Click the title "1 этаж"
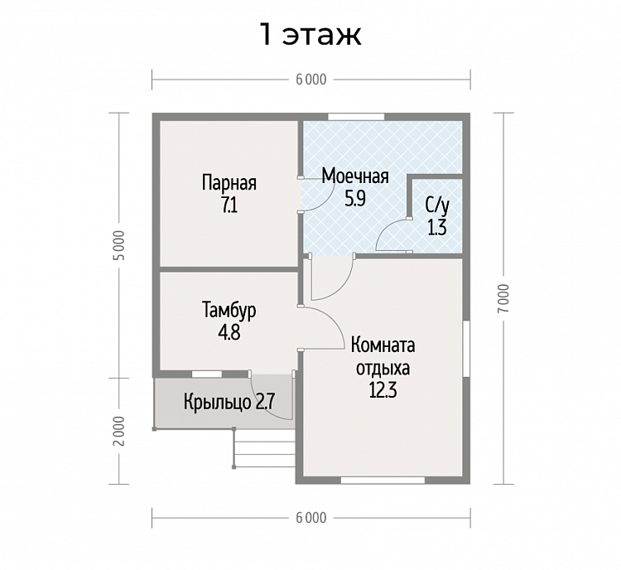tap(310, 35)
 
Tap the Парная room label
tap(229, 183)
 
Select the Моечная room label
tap(355, 176)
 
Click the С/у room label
tap(437, 205)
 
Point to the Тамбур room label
tap(229, 310)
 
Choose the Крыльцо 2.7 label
tap(229, 403)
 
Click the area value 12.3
tap(383, 391)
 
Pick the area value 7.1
tap(229, 205)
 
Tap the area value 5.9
tap(355, 199)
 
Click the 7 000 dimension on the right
tap(503, 298)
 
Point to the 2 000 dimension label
tap(119, 431)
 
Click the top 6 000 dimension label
tap(311, 80)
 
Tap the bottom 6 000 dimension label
tap(311, 518)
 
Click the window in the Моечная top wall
tap(356, 117)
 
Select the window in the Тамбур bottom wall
tap(207, 374)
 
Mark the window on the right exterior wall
tap(466, 349)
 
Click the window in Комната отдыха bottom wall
tap(383, 481)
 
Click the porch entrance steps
tap(265, 448)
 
